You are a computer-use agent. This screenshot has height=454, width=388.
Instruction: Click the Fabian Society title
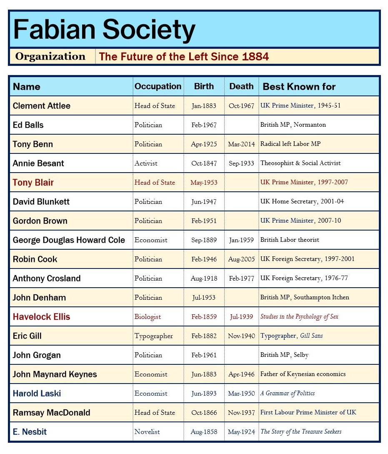pyautogui.click(x=104, y=30)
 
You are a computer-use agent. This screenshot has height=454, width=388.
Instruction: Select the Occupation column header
pyautogui.click(x=158, y=86)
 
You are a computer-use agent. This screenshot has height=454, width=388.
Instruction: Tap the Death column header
pyautogui.click(x=241, y=86)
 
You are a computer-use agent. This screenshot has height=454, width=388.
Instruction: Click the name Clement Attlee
pyautogui.click(x=42, y=106)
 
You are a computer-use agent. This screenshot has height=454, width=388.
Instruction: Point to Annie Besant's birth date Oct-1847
pyautogui.click(x=204, y=163)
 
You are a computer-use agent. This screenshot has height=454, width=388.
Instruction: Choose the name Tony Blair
pyautogui.click(x=33, y=183)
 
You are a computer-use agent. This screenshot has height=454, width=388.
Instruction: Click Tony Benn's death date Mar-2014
pyautogui.click(x=241, y=144)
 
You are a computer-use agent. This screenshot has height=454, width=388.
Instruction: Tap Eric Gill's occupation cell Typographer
pyautogui.click(x=153, y=336)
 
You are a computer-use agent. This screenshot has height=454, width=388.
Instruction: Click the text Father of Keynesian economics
pyautogui.click(x=303, y=374)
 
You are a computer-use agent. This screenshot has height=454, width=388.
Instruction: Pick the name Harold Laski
pyautogui.click(x=38, y=394)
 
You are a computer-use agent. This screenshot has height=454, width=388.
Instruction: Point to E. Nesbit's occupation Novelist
pyautogui.click(x=147, y=432)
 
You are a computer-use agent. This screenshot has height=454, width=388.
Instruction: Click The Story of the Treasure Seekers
pyautogui.click(x=301, y=432)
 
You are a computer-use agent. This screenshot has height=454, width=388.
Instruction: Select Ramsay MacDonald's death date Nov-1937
pyautogui.click(x=241, y=413)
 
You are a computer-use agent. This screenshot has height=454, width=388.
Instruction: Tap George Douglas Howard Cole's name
pyautogui.click(x=69, y=240)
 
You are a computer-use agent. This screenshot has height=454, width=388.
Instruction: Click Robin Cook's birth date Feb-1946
pyautogui.click(x=204, y=259)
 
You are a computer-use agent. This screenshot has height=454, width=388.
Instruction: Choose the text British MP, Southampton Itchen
pyautogui.click(x=305, y=298)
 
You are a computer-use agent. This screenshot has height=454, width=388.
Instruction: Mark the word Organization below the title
pyautogui.click(x=50, y=56)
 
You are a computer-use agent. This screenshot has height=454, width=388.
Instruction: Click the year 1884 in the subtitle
pyautogui.click(x=255, y=57)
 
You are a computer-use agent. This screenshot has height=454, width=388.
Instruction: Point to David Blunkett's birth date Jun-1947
pyautogui.click(x=204, y=202)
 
